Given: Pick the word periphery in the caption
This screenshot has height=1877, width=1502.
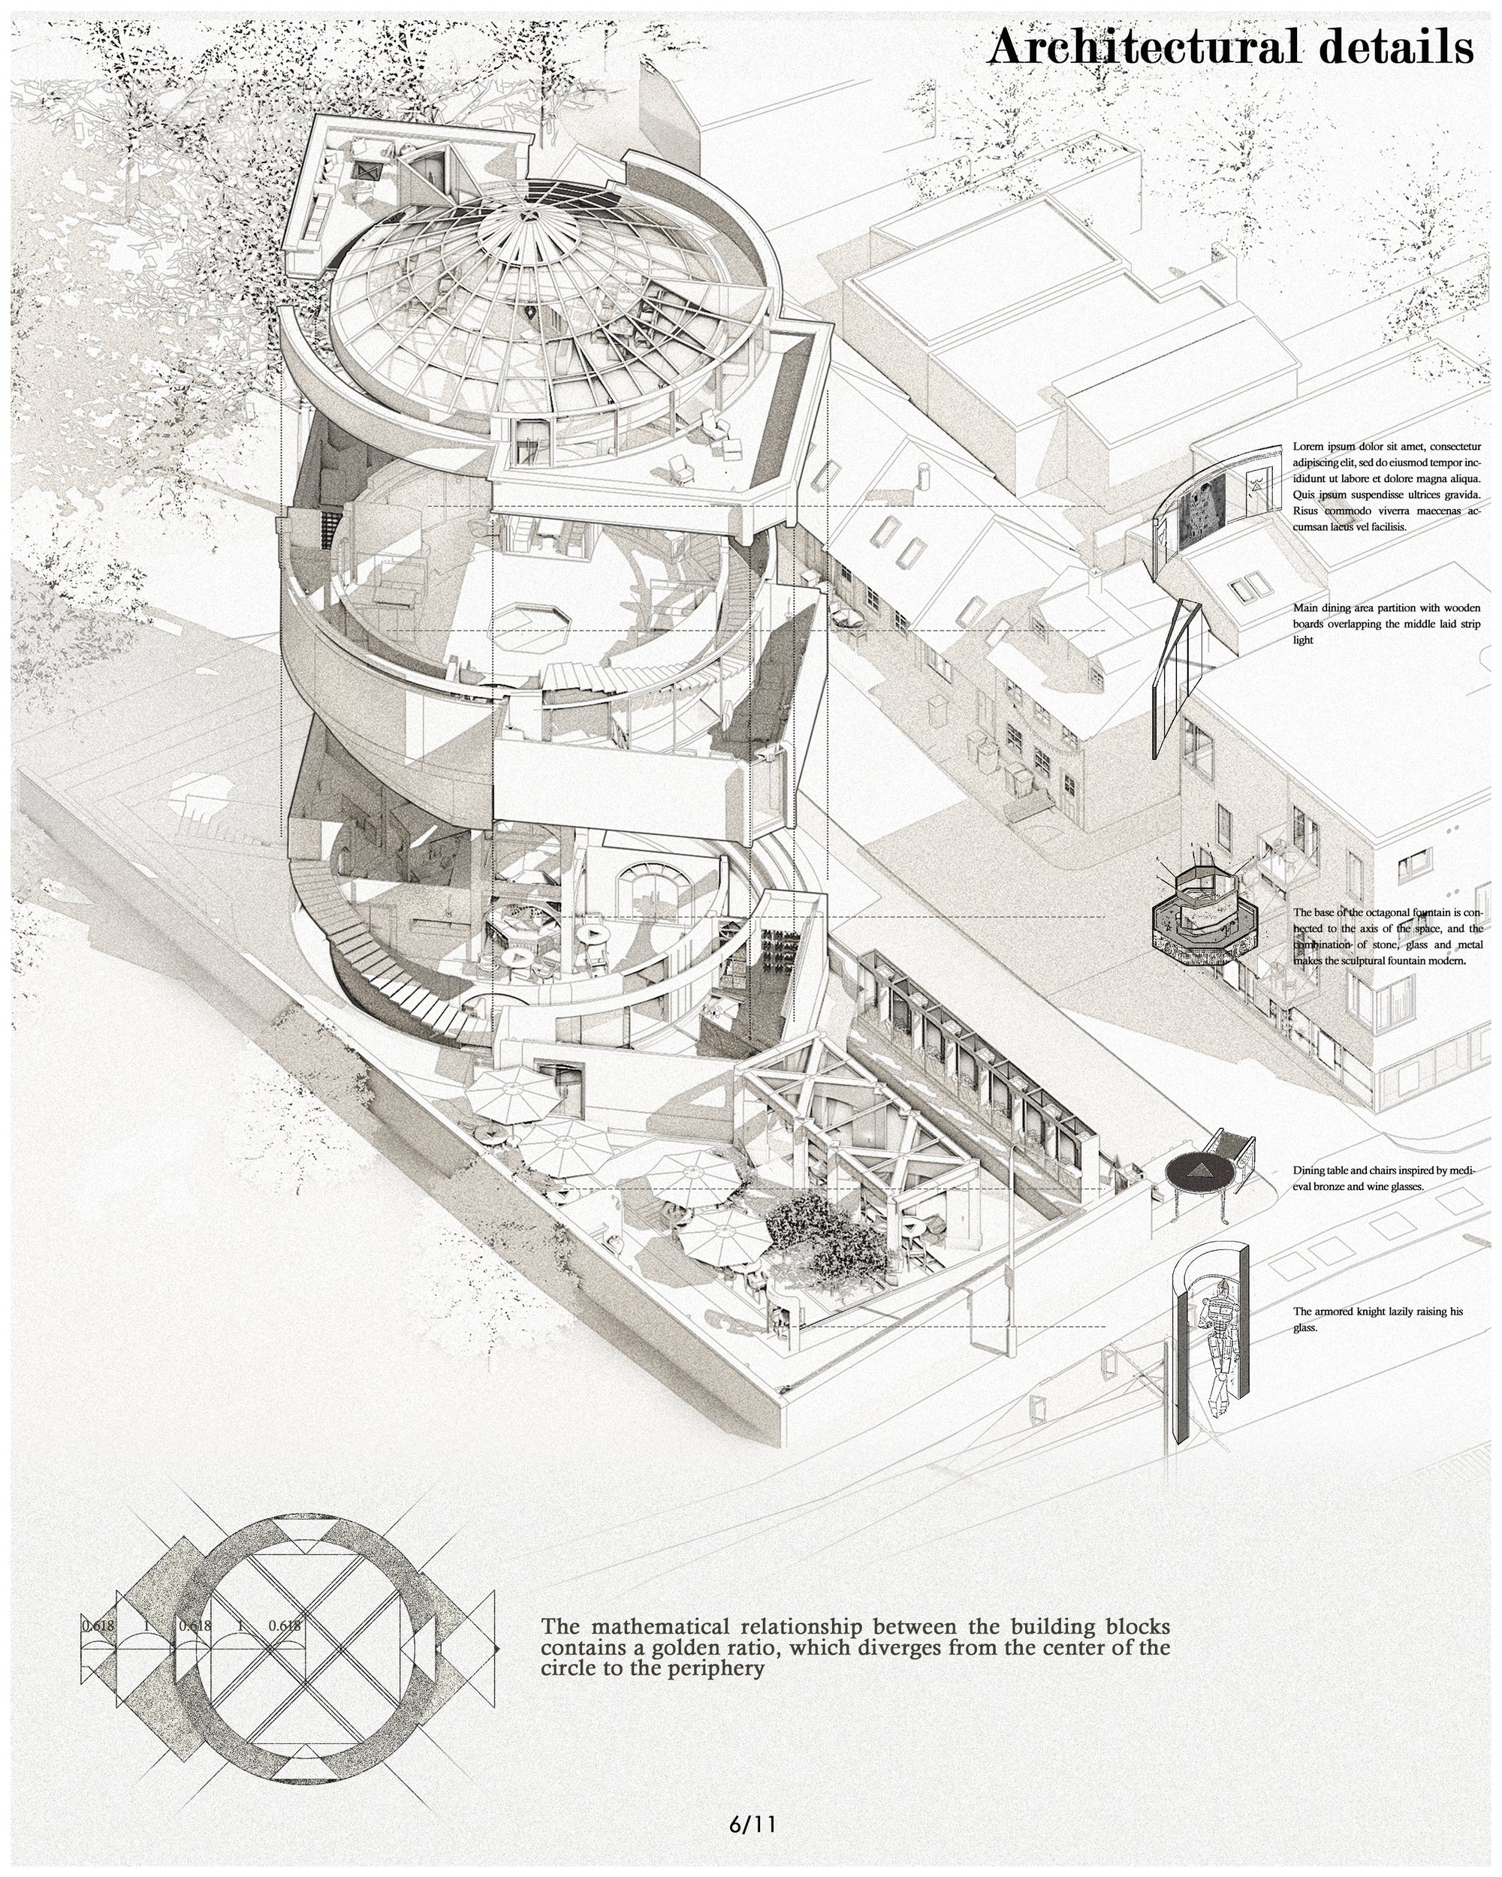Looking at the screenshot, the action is click(x=710, y=1670).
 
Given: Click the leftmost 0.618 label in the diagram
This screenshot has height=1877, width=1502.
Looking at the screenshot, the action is click(x=98, y=1625).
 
